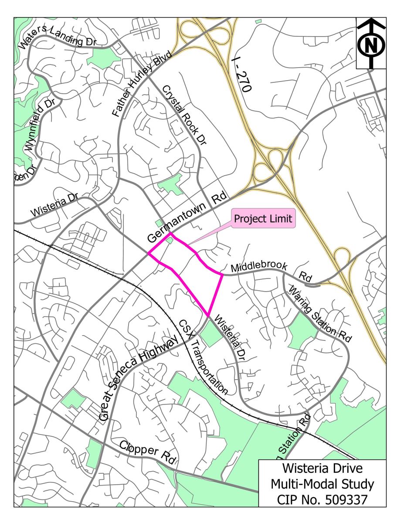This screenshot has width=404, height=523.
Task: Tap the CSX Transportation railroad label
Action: [204, 357]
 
